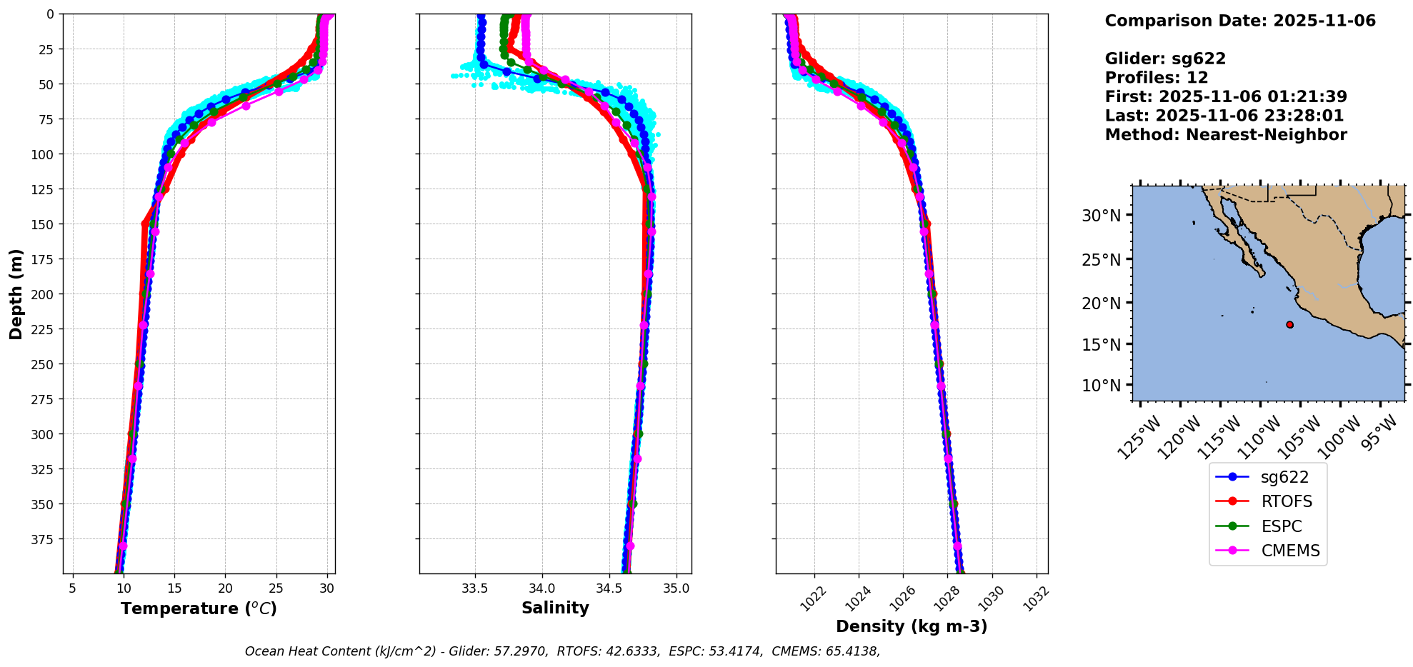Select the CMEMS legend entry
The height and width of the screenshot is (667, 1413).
coord(1267,551)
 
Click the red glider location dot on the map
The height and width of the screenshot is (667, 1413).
coord(1289,324)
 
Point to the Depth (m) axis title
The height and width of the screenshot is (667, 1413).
coord(16,294)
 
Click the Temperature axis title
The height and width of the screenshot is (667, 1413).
coord(199,608)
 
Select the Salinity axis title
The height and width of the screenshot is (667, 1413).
coord(555,608)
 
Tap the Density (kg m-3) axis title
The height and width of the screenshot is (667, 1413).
coord(912,626)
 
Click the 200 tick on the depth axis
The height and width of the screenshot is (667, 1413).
coord(45,294)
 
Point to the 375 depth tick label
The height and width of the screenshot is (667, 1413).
coord(45,539)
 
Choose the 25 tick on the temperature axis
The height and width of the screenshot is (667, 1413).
coord(276,588)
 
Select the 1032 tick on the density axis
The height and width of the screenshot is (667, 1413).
coord(1036,598)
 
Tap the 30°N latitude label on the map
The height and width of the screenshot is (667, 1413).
coord(1101,215)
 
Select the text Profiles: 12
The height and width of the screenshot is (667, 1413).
coord(1157,77)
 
